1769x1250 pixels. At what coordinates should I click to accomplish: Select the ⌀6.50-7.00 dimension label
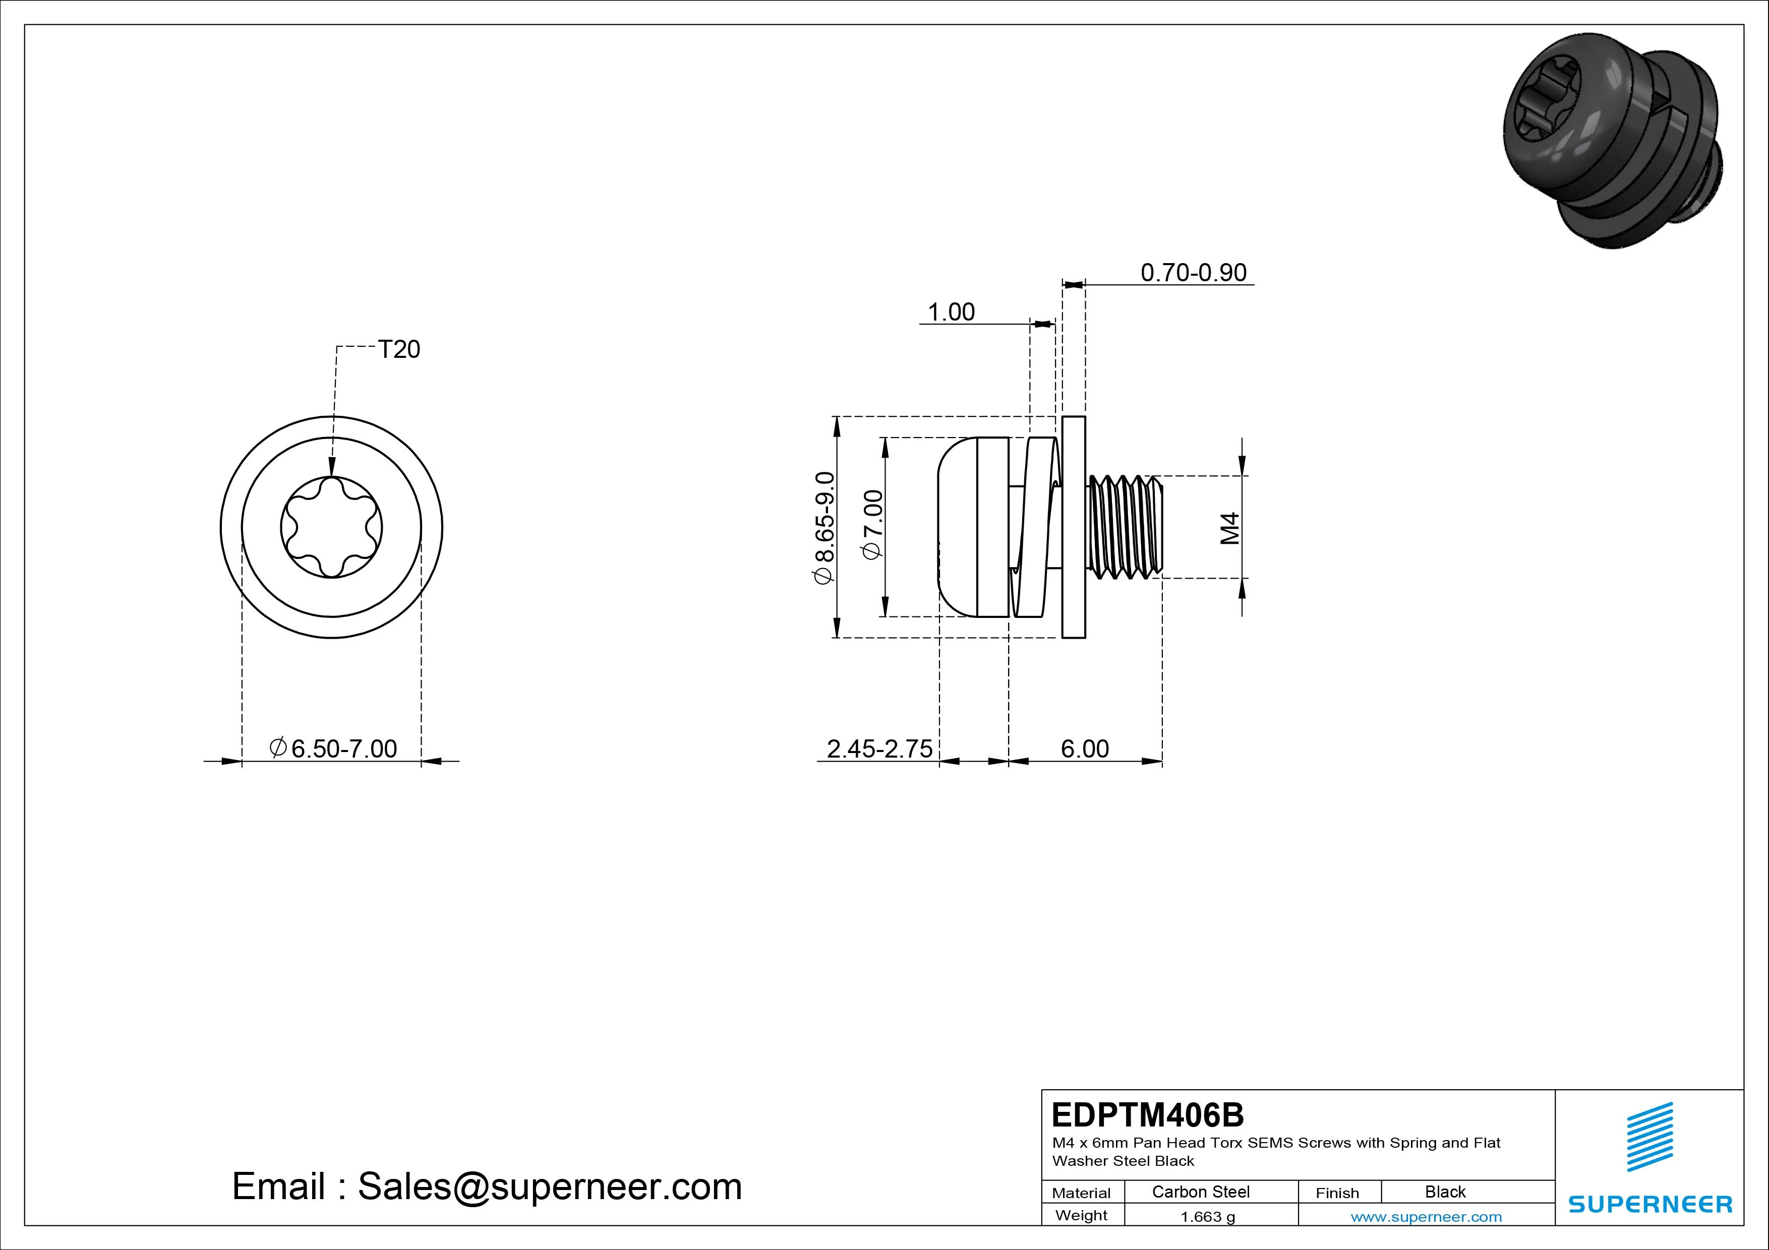333,748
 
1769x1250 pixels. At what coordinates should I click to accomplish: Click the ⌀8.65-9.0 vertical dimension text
823,528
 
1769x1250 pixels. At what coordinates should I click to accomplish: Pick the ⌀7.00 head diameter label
873,525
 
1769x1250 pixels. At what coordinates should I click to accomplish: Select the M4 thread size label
1230,528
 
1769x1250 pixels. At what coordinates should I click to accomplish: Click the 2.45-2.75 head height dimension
879,748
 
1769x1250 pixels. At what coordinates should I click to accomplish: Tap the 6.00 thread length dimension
1085,748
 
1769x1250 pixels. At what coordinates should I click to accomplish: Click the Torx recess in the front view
331,527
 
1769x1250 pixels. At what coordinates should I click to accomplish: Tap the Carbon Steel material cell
1200,1192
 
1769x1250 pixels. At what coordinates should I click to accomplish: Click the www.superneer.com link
1426,1217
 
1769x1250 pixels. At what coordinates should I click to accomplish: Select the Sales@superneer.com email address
549,1186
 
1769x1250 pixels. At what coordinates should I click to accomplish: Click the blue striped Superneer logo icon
1649,1137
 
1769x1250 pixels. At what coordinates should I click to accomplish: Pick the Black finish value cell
1445,1192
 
